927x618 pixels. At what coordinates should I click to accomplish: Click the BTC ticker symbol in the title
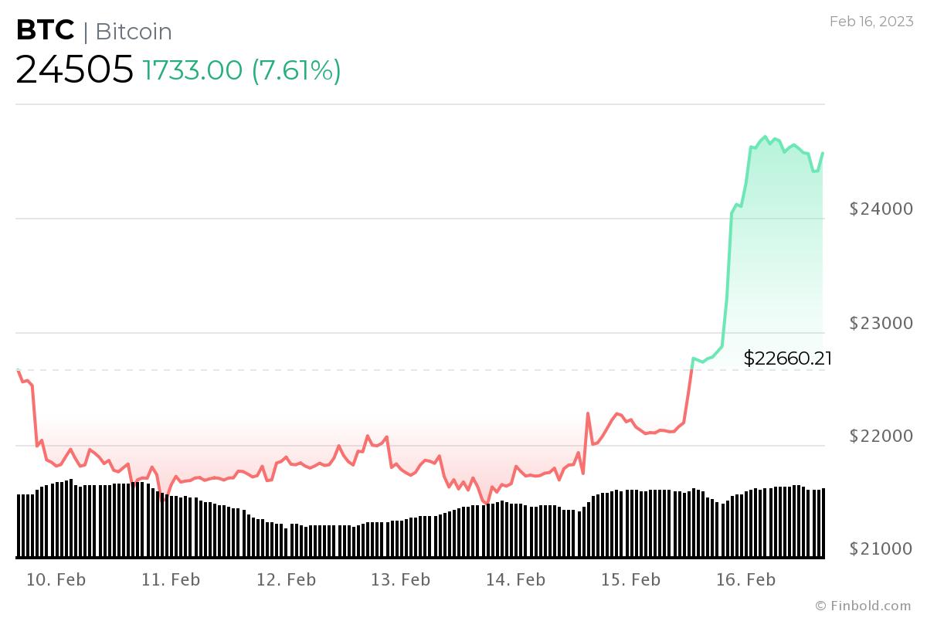(46, 31)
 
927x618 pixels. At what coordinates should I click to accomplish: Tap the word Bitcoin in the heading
(134, 32)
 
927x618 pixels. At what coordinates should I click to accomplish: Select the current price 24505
(75, 70)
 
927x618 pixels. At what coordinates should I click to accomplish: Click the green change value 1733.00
(193, 71)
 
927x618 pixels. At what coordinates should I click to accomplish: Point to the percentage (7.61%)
(297, 71)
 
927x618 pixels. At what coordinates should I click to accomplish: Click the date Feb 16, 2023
(871, 22)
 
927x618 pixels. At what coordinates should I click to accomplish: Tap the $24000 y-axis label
(881, 209)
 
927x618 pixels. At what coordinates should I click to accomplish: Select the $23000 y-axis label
(881, 322)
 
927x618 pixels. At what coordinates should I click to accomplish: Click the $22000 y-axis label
(881, 436)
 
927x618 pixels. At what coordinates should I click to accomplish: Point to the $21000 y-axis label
(881, 548)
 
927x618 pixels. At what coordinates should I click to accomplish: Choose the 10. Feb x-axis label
(56, 579)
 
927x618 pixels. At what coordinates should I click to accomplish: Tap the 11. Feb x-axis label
(171, 579)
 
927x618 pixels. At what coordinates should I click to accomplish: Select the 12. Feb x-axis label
(286, 579)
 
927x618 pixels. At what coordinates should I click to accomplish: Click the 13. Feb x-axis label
(401, 579)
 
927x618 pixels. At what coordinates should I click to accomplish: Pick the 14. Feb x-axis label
(515, 579)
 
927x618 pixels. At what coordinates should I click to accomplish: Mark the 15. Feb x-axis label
(630, 579)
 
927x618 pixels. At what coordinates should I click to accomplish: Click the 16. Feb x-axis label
(745, 579)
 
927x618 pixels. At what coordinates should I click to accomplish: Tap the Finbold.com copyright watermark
(863, 606)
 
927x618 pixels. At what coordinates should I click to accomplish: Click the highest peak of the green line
(765, 137)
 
